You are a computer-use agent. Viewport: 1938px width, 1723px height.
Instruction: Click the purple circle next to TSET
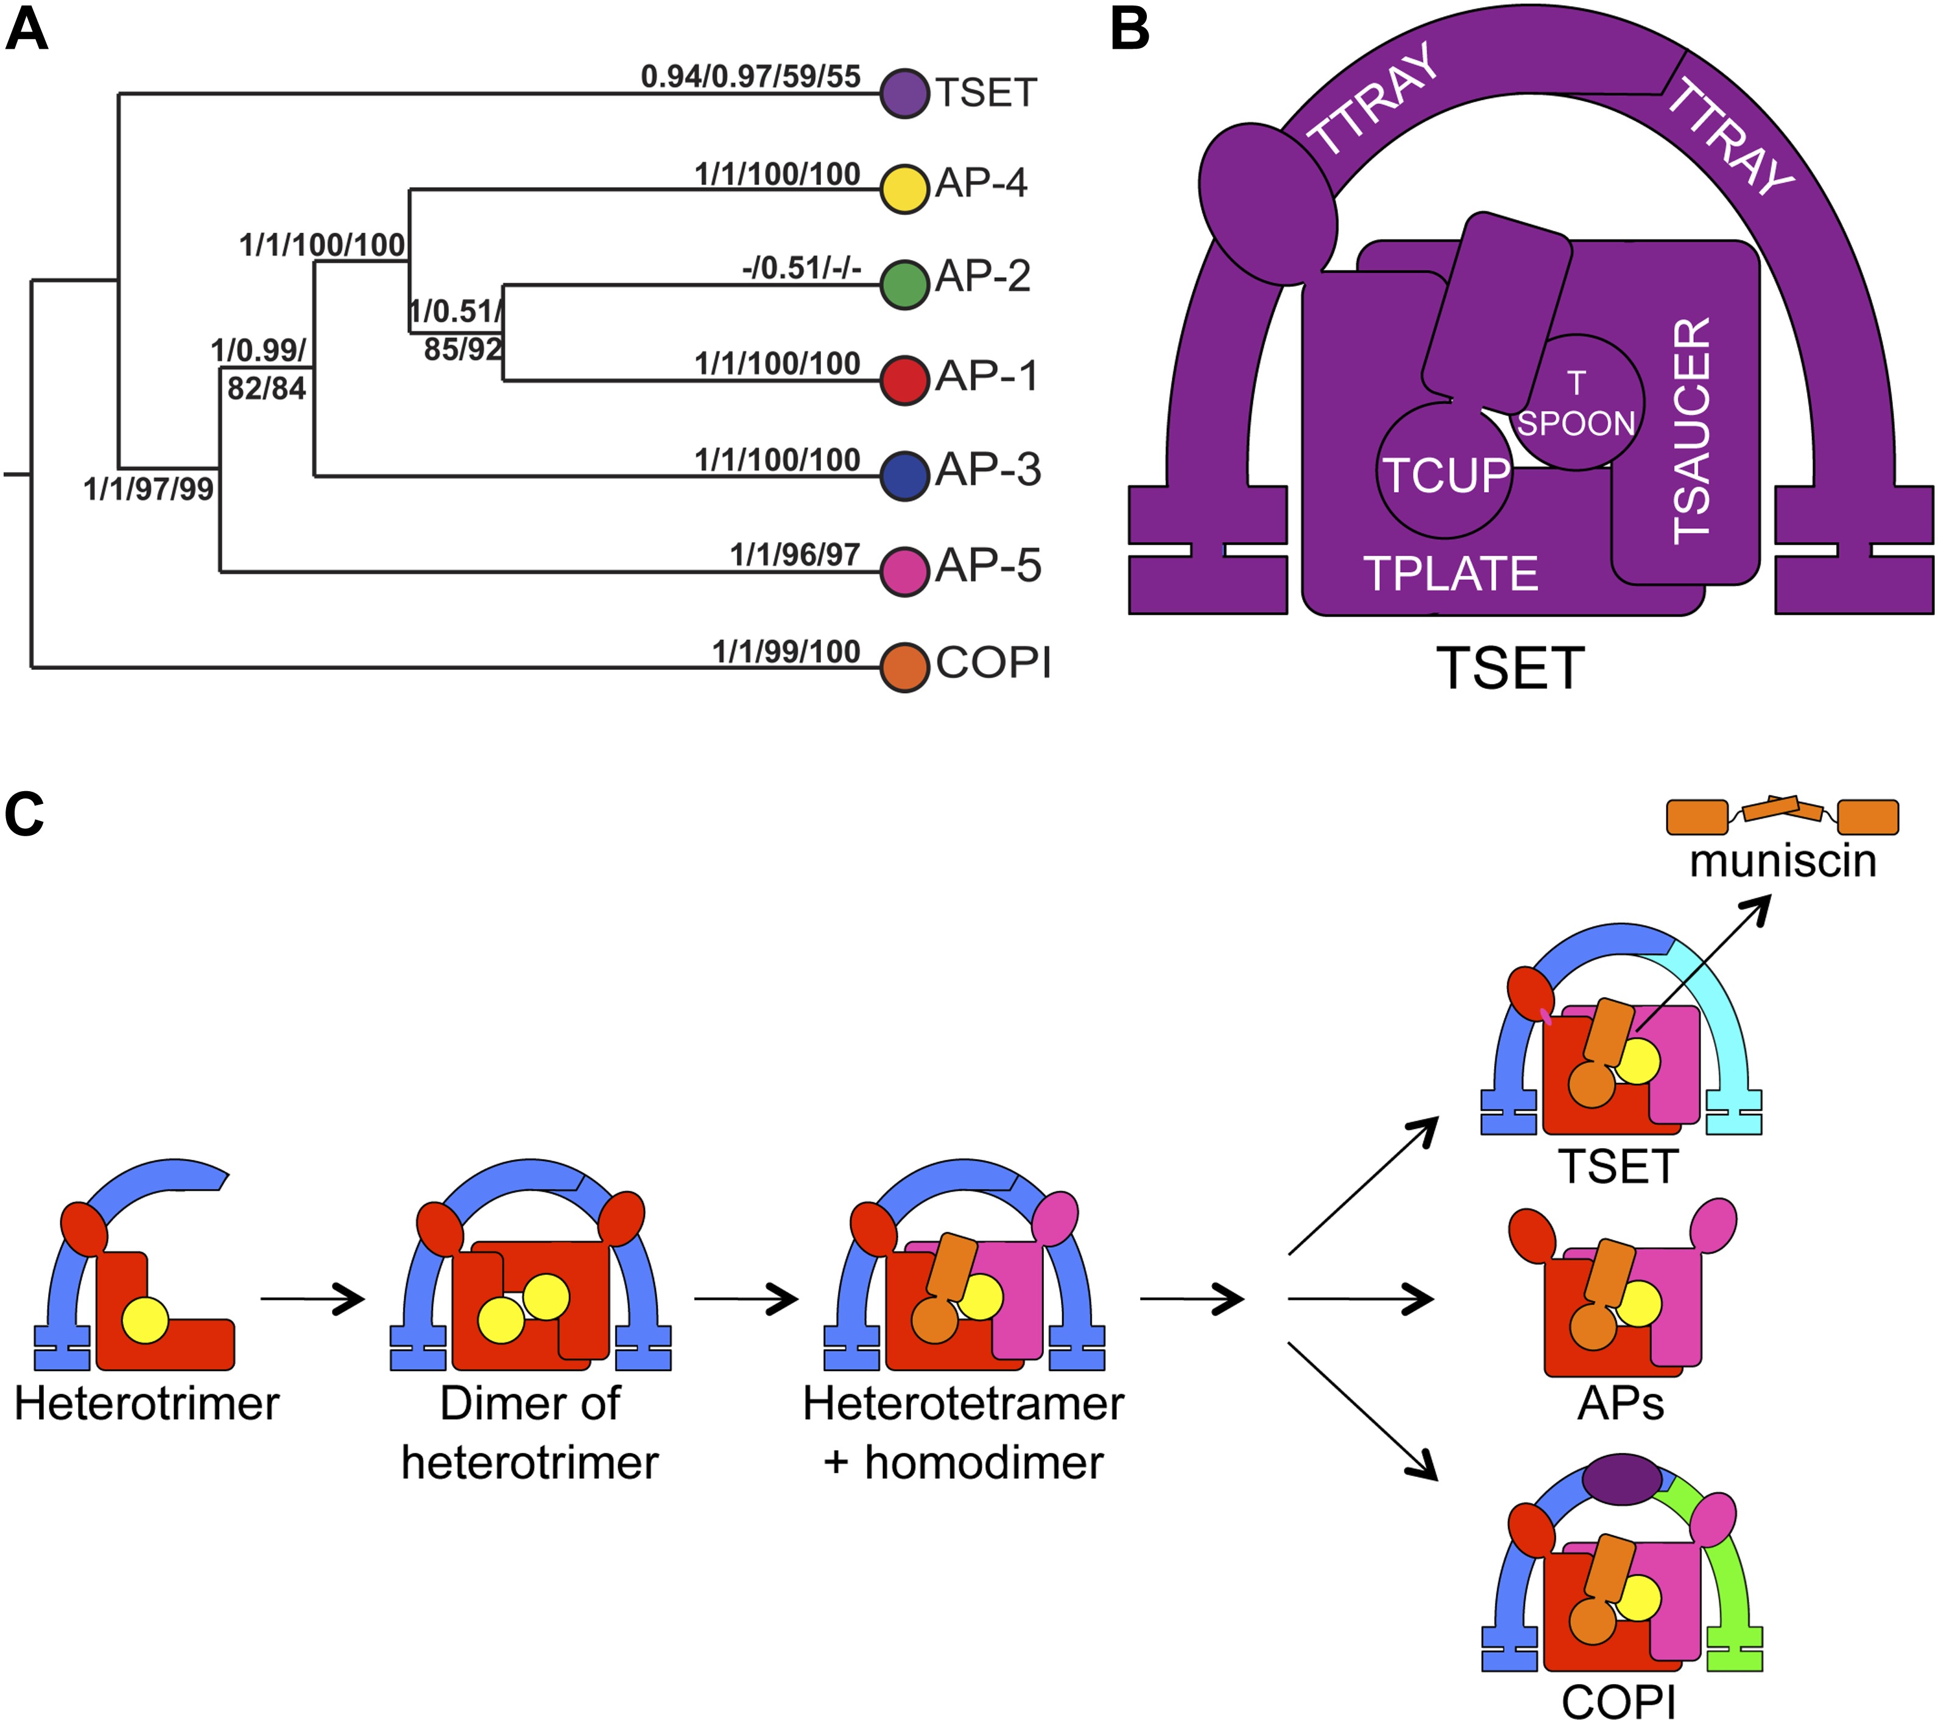(x=904, y=93)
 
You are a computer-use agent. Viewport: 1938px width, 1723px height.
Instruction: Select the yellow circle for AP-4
(x=904, y=189)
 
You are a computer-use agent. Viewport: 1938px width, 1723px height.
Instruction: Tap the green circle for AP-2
(x=904, y=284)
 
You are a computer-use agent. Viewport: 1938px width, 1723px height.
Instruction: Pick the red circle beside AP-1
(x=904, y=380)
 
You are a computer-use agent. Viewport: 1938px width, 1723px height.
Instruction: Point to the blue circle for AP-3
(x=904, y=475)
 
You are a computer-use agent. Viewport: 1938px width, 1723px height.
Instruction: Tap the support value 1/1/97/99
(x=148, y=489)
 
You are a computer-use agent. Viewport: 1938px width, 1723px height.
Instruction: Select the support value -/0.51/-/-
(x=801, y=269)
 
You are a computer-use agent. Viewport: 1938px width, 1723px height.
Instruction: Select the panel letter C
(x=24, y=814)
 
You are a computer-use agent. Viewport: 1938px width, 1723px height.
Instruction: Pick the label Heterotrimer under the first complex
(x=147, y=1403)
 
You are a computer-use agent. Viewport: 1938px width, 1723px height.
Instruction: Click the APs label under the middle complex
(x=1620, y=1403)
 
